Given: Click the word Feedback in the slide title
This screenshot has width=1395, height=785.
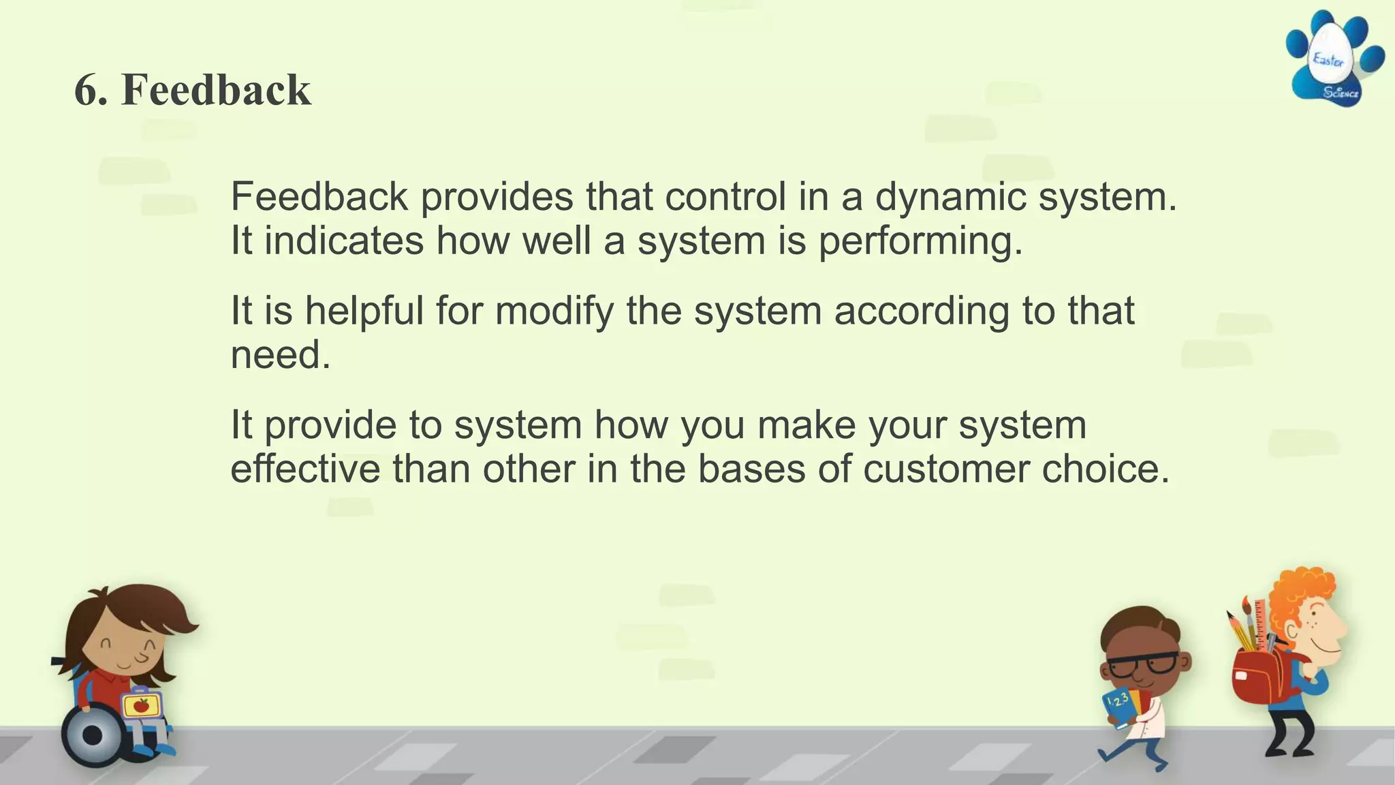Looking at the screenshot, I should [x=216, y=90].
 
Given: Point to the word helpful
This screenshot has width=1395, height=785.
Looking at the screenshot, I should [x=364, y=311].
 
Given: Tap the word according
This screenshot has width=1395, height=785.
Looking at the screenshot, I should [x=922, y=311].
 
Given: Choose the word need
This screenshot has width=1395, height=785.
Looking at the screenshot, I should [x=280, y=356].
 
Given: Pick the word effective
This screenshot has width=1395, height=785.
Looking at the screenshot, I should [x=305, y=470].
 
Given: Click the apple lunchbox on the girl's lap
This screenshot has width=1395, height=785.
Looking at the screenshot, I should [x=142, y=705].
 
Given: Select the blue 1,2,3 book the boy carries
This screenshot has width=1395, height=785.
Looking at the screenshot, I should [x=1120, y=707].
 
